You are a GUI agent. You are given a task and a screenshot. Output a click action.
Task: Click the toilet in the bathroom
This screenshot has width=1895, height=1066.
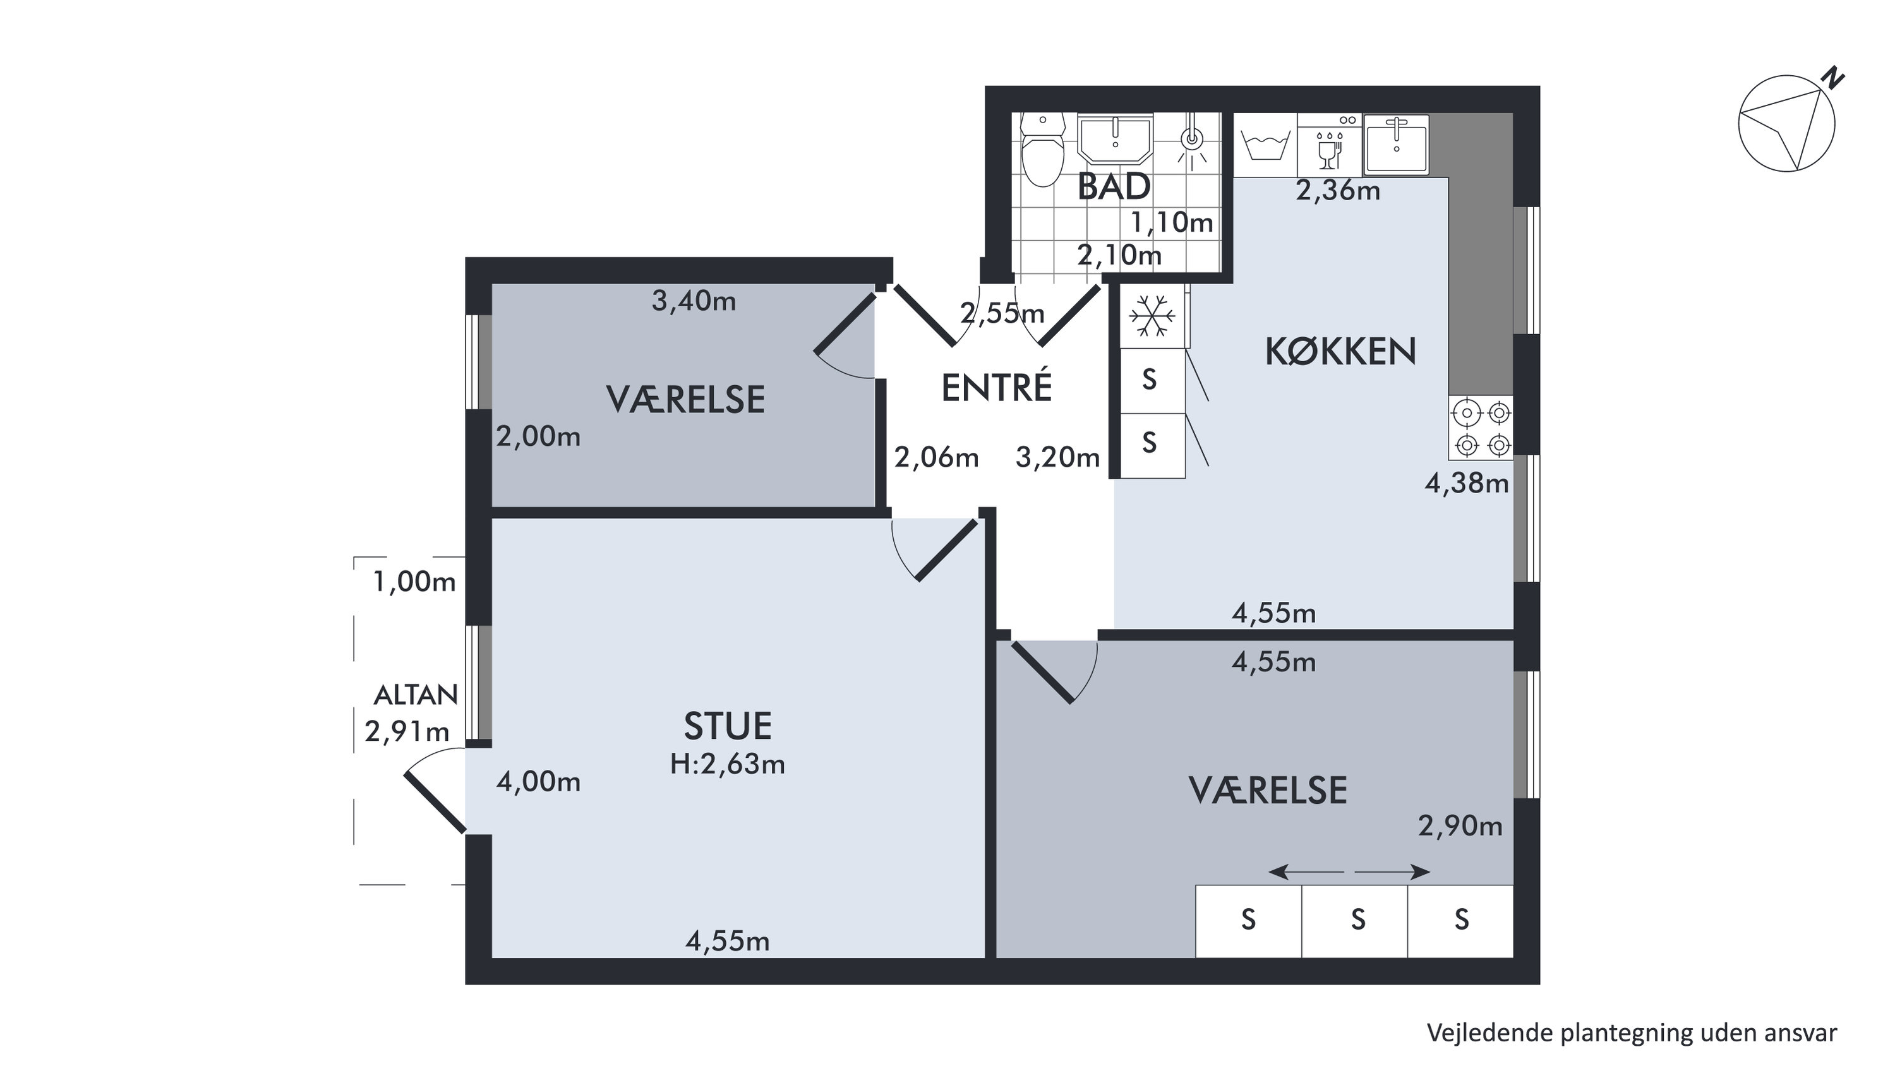pyautogui.click(x=1043, y=150)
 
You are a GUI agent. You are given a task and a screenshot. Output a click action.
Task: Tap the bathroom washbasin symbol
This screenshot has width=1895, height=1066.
pyautogui.click(x=1114, y=138)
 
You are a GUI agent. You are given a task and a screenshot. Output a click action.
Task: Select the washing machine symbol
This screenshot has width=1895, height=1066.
pyautogui.click(x=1265, y=144)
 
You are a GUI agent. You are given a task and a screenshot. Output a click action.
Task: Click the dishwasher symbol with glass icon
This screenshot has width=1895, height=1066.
pyautogui.click(x=1329, y=144)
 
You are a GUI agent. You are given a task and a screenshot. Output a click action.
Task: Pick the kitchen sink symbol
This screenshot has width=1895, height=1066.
pyautogui.click(x=1396, y=144)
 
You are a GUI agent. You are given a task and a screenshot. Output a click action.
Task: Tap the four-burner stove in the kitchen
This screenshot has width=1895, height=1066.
pyautogui.click(x=1481, y=428)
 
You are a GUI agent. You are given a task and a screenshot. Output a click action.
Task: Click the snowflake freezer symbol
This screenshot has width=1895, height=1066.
pyautogui.click(x=1152, y=316)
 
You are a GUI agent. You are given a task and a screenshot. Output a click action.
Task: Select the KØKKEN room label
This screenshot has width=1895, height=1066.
pyautogui.click(x=1340, y=352)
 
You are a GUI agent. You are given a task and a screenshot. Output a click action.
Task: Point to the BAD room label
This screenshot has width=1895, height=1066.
pyautogui.click(x=1114, y=186)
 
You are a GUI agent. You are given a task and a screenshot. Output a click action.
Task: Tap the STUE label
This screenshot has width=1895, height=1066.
pyautogui.click(x=728, y=726)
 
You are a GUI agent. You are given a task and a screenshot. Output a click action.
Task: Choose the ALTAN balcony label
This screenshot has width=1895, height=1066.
pyautogui.click(x=416, y=695)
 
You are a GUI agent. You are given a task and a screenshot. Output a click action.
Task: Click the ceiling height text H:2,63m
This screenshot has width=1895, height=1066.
pyautogui.click(x=728, y=764)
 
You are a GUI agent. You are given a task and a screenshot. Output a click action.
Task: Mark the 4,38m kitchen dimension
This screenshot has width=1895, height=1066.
pyautogui.click(x=1467, y=483)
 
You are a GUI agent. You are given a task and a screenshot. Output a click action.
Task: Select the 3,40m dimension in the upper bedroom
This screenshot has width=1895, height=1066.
pyautogui.click(x=694, y=301)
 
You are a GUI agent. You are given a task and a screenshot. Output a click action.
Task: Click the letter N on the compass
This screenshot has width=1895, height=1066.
pyautogui.click(x=1833, y=77)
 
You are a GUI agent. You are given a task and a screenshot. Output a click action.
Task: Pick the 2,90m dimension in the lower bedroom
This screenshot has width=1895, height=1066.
pyautogui.click(x=1460, y=827)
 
